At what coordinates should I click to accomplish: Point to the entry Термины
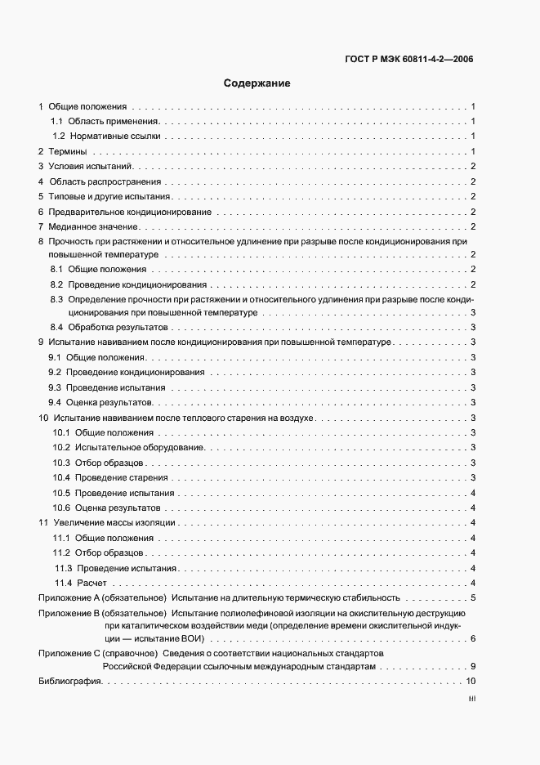point(68,152)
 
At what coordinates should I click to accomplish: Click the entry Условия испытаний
point(85,167)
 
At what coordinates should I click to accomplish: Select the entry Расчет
point(92,583)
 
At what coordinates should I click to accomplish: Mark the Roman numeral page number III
point(471,700)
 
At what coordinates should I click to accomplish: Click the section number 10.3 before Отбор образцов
point(60,463)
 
